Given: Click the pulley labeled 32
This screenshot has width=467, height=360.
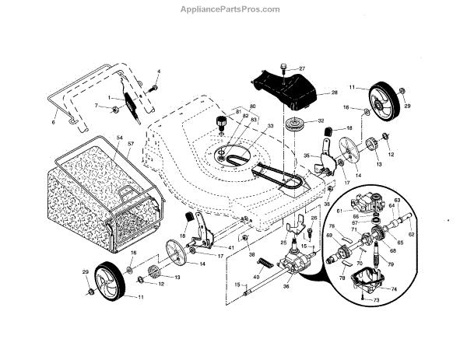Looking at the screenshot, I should (x=296, y=124).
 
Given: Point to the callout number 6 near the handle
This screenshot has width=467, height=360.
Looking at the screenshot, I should (x=54, y=123).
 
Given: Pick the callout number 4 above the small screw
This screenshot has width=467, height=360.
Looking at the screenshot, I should (x=158, y=72).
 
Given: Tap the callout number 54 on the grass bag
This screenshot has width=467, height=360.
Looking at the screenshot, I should (x=120, y=136).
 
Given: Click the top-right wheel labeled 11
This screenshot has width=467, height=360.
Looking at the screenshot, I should (x=381, y=98).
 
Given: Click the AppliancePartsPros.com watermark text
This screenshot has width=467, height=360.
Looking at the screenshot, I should (x=233, y=10).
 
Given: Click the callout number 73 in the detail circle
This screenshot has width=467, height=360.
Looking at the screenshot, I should (x=377, y=299).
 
